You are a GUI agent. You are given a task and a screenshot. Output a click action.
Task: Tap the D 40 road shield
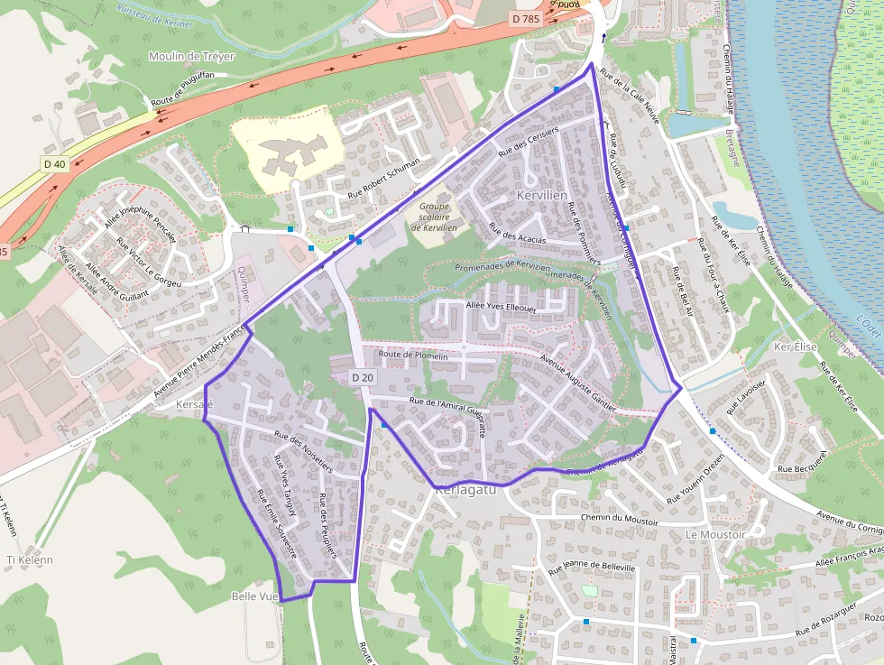[54, 164]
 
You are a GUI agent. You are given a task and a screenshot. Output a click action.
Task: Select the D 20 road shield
[363, 376]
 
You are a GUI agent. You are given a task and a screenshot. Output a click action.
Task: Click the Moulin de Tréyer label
[191, 56]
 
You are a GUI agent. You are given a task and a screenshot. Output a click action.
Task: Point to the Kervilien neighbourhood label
[542, 195]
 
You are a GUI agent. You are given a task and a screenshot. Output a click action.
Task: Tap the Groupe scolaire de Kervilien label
[434, 217]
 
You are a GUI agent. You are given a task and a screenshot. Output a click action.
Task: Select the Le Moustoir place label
[715, 534]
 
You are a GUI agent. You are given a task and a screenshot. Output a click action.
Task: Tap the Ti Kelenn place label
[30, 559]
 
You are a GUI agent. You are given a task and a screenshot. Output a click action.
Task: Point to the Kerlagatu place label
[466, 492]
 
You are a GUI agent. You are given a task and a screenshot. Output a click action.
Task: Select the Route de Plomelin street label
[413, 356]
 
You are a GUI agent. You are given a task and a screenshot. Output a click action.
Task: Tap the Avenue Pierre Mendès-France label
[200, 358]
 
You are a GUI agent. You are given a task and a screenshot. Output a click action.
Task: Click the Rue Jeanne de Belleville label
[592, 568]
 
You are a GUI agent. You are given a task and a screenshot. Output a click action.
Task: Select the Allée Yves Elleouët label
[501, 306]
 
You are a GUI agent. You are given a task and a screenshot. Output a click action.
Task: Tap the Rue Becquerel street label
[801, 468]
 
